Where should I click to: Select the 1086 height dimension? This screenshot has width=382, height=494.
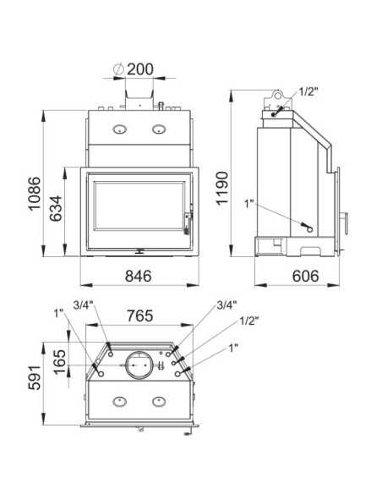(35, 193)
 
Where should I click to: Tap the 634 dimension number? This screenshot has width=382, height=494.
(57, 208)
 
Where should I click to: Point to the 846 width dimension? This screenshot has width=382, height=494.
(139, 277)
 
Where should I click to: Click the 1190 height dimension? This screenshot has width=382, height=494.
(222, 188)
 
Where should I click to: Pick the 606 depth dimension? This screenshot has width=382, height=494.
(306, 277)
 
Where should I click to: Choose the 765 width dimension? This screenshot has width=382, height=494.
(140, 316)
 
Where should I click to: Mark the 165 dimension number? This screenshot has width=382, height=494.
(60, 362)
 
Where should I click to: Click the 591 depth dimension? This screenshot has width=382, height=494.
(35, 378)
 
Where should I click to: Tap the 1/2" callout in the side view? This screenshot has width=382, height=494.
(308, 91)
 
